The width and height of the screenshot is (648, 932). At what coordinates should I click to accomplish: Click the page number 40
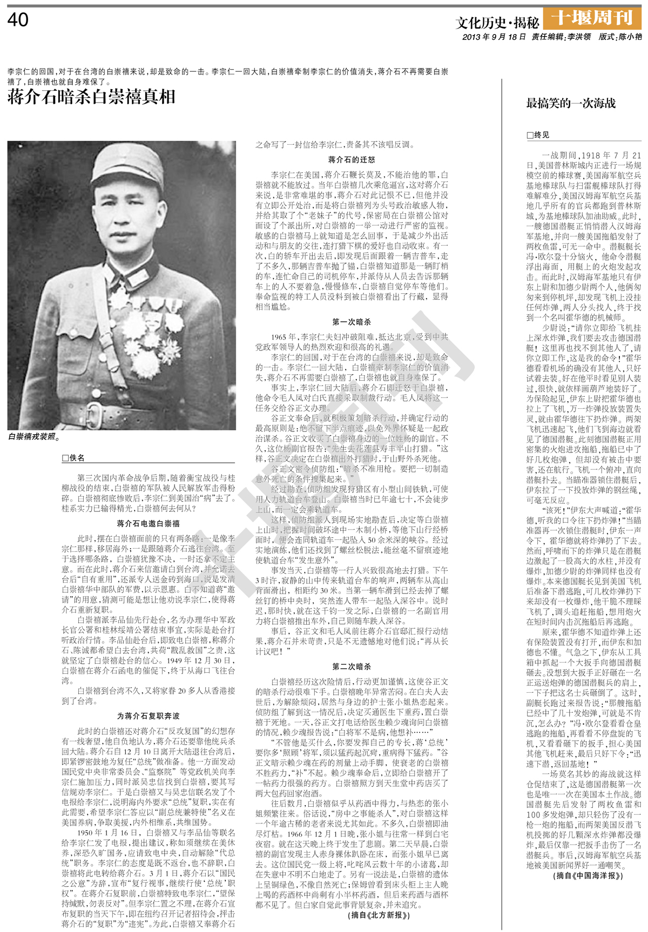pyautogui.click(x=18, y=20)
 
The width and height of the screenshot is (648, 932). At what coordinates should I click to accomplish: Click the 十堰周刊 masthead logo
pyautogui.click(x=592, y=18)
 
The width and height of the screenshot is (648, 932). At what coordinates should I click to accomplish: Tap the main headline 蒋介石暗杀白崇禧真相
pyautogui.click(x=91, y=97)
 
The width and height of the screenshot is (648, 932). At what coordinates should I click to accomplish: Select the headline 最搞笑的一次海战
pyautogui.click(x=571, y=103)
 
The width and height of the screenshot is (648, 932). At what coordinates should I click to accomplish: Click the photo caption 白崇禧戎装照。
pyautogui.click(x=34, y=436)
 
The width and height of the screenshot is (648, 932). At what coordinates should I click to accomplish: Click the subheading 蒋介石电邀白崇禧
pyautogui.click(x=148, y=523)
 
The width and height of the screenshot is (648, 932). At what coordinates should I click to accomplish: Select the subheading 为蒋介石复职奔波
pyautogui.click(x=148, y=715)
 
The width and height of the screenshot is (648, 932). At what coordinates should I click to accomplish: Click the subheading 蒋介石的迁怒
pyautogui.click(x=352, y=160)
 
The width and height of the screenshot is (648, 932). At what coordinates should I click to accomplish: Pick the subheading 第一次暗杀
pyautogui.click(x=352, y=322)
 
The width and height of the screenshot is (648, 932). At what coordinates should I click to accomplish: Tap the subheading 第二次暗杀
pyautogui.click(x=352, y=666)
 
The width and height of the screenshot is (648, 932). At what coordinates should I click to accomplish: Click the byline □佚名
pyautogui.click(x=73, y=458)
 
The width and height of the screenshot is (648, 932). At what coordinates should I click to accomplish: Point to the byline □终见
pyautogui.click(x=538, y=135)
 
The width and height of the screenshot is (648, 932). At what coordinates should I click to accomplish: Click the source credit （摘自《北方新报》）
pyautogui.click(x=379, y=915)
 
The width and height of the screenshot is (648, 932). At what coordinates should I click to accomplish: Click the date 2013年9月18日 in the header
pyautogui.click(x=494, y=37)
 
